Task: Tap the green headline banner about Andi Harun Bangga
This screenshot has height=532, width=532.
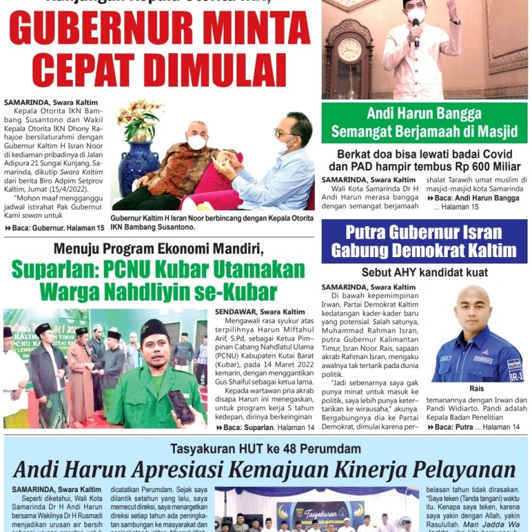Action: [x=424, y=123]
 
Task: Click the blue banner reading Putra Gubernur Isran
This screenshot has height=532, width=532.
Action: [x=424, y=241]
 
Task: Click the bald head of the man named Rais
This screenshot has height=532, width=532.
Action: [x=474, y=298]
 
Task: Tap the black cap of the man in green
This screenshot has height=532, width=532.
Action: [x=155, y=329]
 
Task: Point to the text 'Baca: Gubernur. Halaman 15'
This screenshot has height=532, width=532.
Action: [x=54, y=228]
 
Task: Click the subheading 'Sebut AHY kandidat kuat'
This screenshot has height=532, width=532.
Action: [x=424, y=272]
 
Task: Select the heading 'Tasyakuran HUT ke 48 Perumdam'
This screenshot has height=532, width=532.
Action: [x=265, y=449]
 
